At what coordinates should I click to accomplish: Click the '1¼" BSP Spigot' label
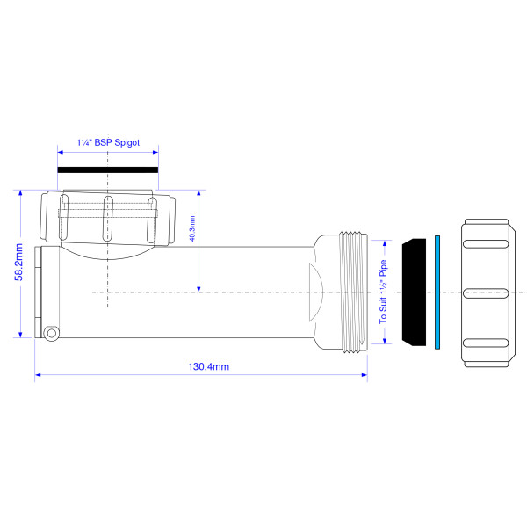[108, 141]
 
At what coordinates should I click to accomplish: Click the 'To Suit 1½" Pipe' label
[383, 292]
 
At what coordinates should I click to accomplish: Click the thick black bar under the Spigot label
[108, 167]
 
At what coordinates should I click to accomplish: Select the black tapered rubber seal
[412, 291]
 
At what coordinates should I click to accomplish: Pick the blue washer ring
[437, 291]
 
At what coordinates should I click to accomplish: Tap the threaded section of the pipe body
[351, 291]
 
